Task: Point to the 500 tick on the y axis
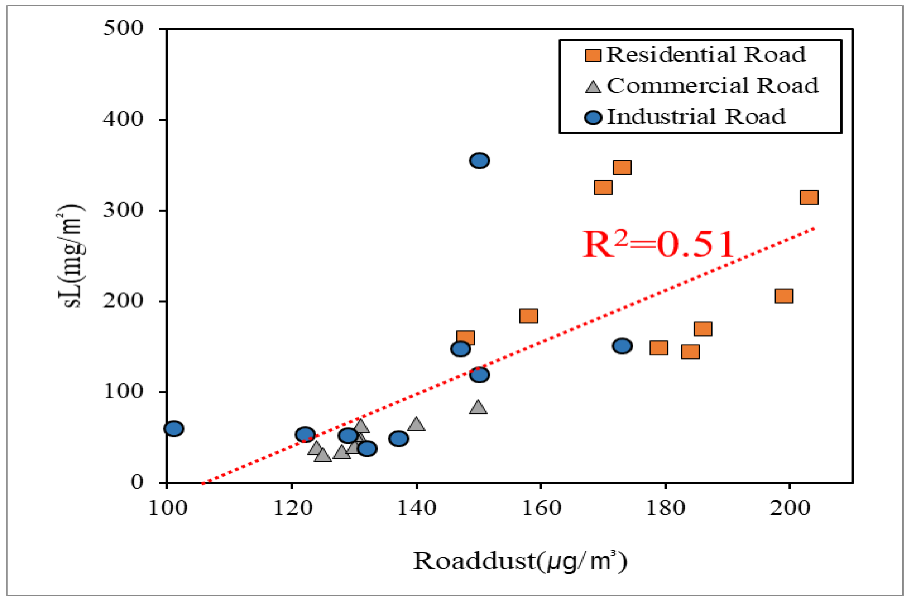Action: [123, 29]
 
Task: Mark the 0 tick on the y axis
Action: [137, 482]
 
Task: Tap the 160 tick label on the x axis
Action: [541, 508]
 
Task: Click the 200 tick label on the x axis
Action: [790, 508]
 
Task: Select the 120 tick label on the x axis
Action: [292, 508]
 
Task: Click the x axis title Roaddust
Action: [520, 561]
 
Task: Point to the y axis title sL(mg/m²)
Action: [71, 256]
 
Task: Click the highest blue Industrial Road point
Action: [479, 160]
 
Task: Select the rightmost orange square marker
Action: [809, 197]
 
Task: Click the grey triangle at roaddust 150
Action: [478, 407]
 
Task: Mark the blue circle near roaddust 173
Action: [622, 346]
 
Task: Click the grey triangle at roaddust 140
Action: [416, 424]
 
